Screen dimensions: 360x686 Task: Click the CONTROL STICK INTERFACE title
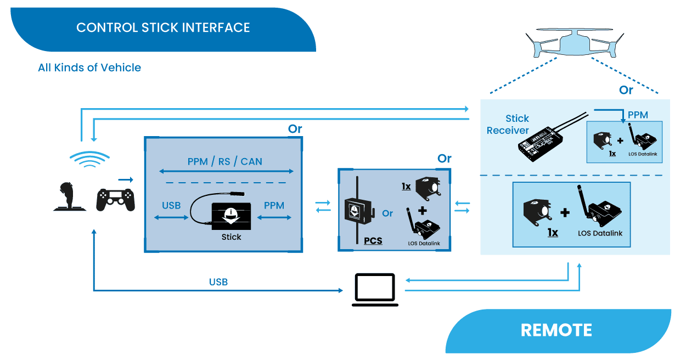click(x=163, y=27)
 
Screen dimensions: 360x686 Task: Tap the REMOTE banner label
click(x=556, y=330)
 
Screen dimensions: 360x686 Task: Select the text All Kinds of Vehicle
click(x=89, y=67)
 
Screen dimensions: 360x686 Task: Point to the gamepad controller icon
click(x=115, y=200)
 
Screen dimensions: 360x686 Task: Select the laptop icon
click(x=375, y=290)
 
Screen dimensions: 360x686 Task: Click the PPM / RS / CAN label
click(x=225, y=161)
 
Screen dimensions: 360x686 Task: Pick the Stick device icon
click(x=230, y=215)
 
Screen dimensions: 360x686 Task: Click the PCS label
click(x=373, y=241)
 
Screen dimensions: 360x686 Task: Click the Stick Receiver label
click(x=508, y=125)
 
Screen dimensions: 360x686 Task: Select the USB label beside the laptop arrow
click(x=218, y=282)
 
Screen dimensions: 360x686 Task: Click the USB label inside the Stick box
click(x=171, y=205)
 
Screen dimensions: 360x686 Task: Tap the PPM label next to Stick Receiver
click(x=638, y=115)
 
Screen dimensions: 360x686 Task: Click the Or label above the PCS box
click(x=445, y=159)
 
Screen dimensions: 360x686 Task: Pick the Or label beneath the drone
click(x=626, y=90)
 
